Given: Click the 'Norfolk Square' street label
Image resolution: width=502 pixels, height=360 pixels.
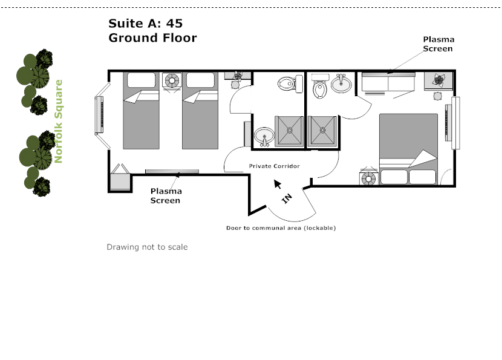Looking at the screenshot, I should [59, 122].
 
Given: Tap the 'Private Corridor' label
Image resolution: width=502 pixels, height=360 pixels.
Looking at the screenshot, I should [275, 166].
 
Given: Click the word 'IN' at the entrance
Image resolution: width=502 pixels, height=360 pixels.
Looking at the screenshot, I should [287, 198].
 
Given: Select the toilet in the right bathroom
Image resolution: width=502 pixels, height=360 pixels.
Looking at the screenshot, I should [320, 87].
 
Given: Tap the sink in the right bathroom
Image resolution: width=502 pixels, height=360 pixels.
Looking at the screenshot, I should [342, 83].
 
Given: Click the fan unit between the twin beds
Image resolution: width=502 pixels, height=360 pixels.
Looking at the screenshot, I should [174, 80].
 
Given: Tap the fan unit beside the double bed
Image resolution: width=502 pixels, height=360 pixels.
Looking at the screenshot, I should [368, 177].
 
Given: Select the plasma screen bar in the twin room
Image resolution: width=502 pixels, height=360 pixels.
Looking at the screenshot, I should [172, 172].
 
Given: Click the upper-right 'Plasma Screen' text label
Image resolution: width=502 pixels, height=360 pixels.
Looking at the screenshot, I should [438, 44].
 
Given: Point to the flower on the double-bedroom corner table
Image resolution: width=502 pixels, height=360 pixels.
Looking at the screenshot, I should [439, 79].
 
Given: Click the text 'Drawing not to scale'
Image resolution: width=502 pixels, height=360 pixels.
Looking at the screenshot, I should [147, 247].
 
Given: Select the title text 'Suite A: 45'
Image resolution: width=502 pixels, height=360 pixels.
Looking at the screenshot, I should [145, 24].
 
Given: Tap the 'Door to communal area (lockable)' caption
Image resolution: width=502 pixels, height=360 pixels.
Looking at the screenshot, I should [281, 228].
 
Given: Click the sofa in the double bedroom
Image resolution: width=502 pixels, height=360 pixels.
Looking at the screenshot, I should [388, 84].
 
